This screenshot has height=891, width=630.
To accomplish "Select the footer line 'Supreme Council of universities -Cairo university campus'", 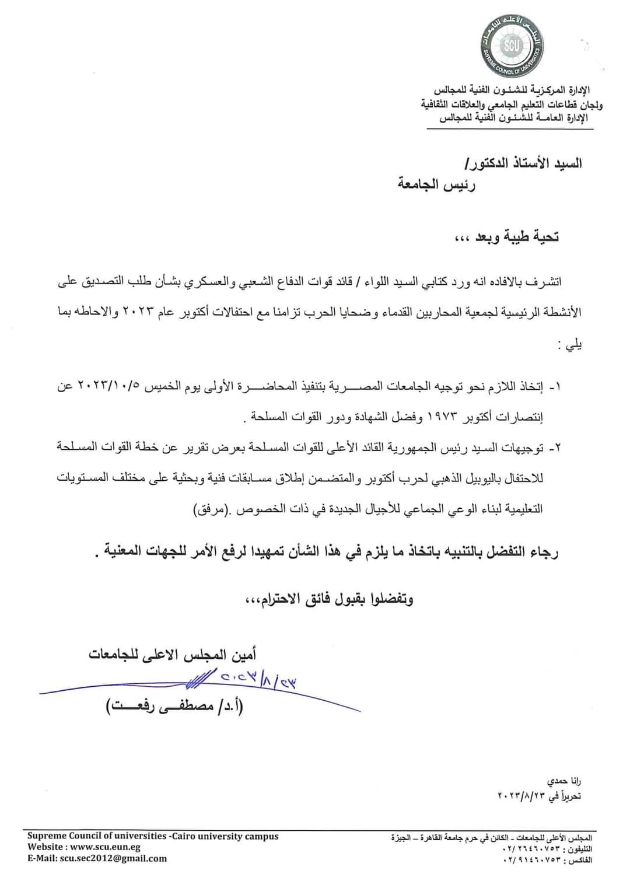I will click(x=153, y=836).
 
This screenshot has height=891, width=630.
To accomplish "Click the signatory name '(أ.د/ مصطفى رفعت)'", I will click(x=174, y=708).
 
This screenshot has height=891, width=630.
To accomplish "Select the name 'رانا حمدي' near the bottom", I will click(x=564, y=781).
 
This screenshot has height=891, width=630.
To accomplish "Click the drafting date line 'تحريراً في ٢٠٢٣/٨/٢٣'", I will click(x=540, y=795).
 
